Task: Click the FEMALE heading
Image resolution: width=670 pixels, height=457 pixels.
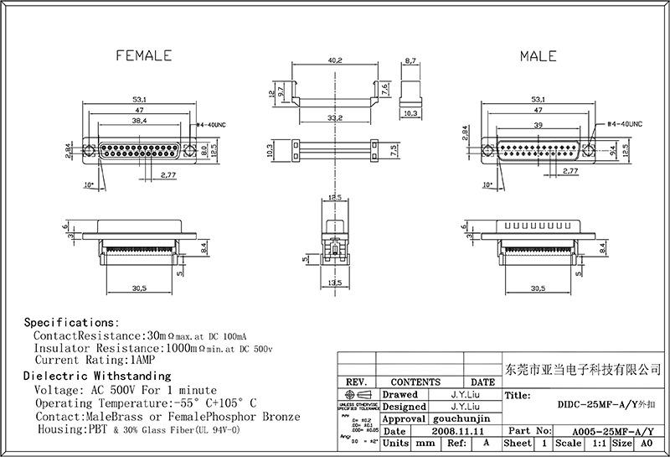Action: (142, 55)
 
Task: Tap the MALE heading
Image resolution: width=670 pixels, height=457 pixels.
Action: (538, 55)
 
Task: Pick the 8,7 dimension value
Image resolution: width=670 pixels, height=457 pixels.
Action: (410, 61)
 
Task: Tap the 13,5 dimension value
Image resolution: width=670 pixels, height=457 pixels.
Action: (335, 283)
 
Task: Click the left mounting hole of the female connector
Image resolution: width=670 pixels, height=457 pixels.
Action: (90, 152)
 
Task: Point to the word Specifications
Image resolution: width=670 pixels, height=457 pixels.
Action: (70, 322)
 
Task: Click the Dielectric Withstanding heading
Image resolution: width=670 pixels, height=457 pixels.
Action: (96, 377)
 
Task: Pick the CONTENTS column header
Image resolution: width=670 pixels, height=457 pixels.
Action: (415, 382)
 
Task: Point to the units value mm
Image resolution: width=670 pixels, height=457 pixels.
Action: (425, 443)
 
